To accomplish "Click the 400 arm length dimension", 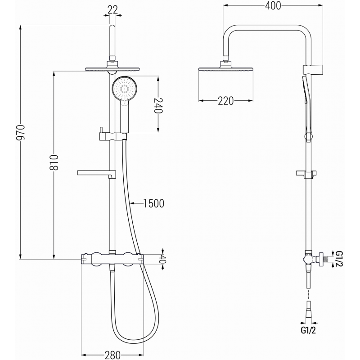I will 273,5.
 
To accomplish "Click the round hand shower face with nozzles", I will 124,90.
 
